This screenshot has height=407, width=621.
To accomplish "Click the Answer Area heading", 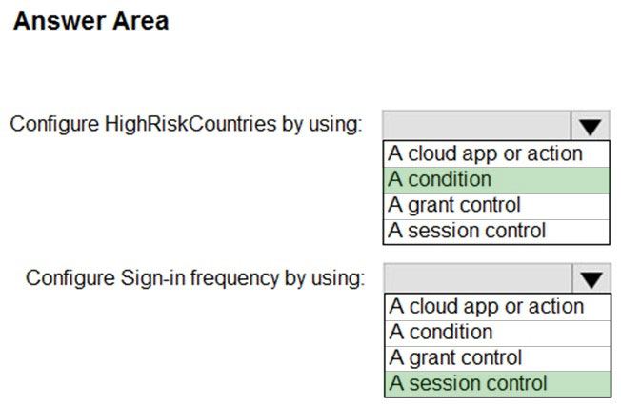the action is pos(91,21).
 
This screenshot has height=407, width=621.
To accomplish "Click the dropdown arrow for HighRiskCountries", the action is pos(591,126).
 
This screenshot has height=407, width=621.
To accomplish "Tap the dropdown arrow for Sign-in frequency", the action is pos(591,278).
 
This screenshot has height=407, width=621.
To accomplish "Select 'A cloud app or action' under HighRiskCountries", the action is pos(485,154).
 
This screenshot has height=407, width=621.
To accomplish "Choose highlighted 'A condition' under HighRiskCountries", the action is pos(440,179).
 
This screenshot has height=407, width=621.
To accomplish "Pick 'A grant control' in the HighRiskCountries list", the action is pos(454,206).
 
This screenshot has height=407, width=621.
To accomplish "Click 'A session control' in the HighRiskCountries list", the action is pos(467,231).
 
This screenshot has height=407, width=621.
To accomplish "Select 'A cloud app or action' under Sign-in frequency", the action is pos(487,307).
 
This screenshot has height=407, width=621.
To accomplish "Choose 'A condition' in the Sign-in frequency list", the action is pos(441,332).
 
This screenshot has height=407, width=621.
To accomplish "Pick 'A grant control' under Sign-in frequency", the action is pos(455,358).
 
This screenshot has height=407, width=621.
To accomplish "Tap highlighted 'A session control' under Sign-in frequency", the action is pos(468,383).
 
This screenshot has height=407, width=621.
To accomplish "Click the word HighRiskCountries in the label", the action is pos(190,125).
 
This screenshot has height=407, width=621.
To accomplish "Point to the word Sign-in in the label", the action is pos(153,278).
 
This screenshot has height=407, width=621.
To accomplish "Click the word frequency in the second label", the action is pos(234,278).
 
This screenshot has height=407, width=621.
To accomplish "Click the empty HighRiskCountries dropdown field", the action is pos(477,126).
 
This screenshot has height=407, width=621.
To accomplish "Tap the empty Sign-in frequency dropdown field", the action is pos(478,278).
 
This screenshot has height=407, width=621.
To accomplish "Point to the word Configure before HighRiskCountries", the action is pos(54,125).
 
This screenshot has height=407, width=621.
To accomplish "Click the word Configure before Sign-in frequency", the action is pos(70,278).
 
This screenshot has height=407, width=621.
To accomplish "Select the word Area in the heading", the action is pos(141,21).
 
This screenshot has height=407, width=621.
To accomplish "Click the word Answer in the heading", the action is pos(59,21).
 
